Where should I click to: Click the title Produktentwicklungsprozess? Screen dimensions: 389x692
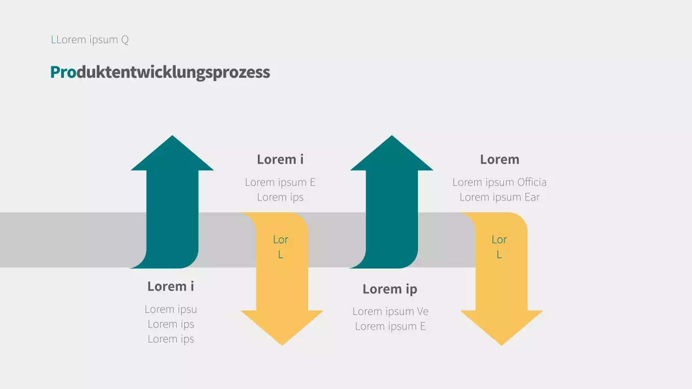pyautogui.click(x=160, y=72)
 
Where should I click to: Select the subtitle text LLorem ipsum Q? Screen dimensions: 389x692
pyautogui.click(x=90, y=39)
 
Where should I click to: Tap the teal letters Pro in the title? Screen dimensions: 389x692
pyautogui.click(x=63, y=72)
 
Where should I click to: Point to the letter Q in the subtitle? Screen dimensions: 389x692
pyautogui.click(x=125, y=40)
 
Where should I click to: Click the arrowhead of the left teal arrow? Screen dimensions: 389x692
pyautogui.click(x=172, y=156)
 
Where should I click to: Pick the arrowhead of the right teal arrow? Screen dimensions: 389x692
pyautogui.click(x=391, y=156)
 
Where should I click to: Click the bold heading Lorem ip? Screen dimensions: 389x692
pyautogui.click(x=390, y=289)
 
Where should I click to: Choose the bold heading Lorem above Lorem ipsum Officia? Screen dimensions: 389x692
pyautogui.click(x=500, y=159)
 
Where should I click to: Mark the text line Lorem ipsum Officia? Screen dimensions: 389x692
pyautogui.click(x=500, y=182)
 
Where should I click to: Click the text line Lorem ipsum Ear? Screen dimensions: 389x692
pyautogui.click(x=500, y=197)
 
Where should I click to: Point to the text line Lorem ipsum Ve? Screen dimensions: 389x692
pyautogui.click(x=390, y=311)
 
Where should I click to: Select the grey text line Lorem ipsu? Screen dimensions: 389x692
pyautogui.click(x=171, y=309)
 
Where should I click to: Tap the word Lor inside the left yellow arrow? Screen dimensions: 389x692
pyautogui.click(x=281, y=239)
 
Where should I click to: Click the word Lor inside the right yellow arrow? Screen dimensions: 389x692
pyautogui.click(x=499, y=239)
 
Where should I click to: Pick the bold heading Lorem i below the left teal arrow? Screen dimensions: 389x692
pyautogui.click(x=171, y=286)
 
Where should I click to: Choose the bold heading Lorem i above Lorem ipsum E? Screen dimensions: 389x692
pyautogui.click(x=280, y=159)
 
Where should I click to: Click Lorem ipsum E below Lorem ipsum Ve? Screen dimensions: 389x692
pyautogui.click(x=390, y=326)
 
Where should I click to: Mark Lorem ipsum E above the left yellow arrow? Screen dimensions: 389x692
pyautogui.click(x=280, y=182)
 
